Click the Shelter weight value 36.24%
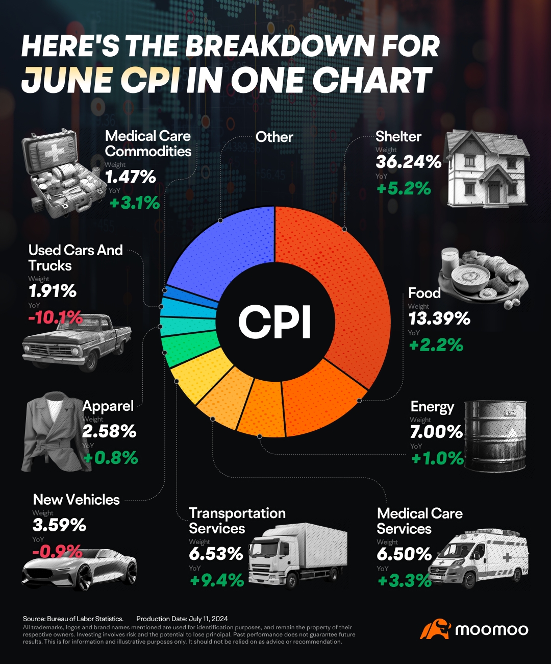pos(408,162)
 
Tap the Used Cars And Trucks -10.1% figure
pos(55,317)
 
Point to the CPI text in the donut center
pos(275,322)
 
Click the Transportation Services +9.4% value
pos(216,580)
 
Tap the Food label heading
pos(424,293)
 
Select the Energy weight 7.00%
pos(436,432)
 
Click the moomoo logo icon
pos(435,629)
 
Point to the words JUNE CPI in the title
pos(101,80)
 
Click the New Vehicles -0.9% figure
pos(57,551)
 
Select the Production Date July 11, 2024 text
pos(182,619)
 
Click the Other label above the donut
pos(274,137)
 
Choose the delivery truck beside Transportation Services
pos(298,554)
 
